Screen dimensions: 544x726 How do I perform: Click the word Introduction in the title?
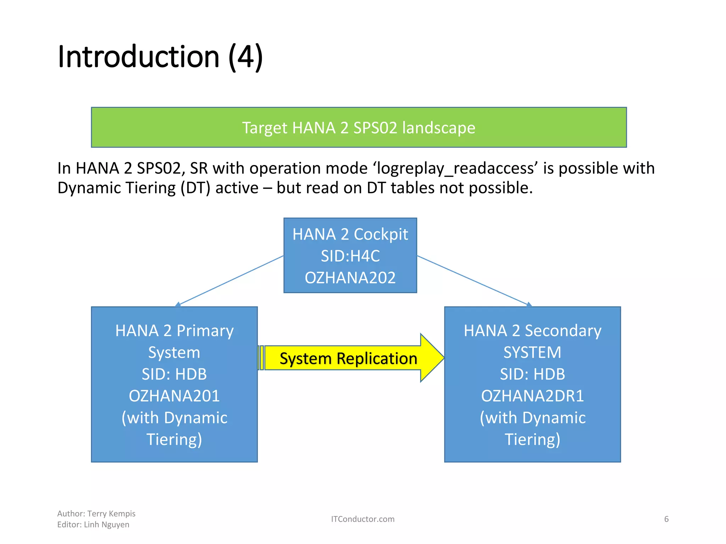click(x=138, y=57)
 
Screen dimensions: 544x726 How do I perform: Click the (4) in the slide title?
click(x=245, y=57)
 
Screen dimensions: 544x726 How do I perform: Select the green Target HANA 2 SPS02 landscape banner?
click(x=358, y=127)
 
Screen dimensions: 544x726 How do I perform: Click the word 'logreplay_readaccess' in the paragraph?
click(x=455, y=168)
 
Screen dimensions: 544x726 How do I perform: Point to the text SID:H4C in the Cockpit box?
click(x=350, y=256)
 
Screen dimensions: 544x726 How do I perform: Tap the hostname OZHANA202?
click(x=350, y=278)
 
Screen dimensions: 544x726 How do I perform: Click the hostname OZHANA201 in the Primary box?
click(x=174, y=396)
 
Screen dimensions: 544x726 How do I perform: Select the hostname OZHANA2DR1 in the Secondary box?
click(x=532, y=396)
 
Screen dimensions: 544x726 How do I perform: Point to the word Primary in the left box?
click(x=205, y=331)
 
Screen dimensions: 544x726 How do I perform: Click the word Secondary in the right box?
click(x=563, y=331)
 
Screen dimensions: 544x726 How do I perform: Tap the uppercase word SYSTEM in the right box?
click(x=532, y=352)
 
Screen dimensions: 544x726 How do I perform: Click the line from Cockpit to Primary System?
click(x=230, y=280)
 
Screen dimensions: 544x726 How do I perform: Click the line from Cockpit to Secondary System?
click(x=473, y=280)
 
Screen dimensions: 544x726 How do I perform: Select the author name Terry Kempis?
click(x=111, y=514)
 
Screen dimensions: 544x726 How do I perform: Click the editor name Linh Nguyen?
click(x=106, y=525)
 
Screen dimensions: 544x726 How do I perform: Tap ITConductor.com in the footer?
click(x=363, y=519)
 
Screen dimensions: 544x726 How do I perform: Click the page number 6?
click(x=666, y=519)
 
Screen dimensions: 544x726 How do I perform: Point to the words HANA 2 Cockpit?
click(x=350, y=234)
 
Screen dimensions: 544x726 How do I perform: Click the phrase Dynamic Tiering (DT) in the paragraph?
click(x=134, y=188)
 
